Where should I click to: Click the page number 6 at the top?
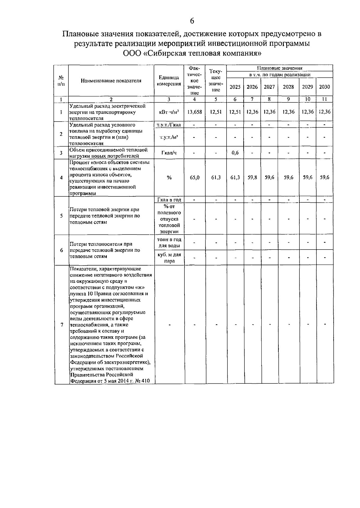coord(192,21)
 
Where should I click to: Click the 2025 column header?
coord(235,87)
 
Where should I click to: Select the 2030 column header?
coord(324,87)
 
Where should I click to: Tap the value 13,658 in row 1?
coord(195,112)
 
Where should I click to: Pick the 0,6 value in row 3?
coord(235,153)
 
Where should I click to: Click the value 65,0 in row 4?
coord(195,177)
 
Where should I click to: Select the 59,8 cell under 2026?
coord(252,177)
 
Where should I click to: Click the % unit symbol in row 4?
coord(169,177)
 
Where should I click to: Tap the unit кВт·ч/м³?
coord(169,112)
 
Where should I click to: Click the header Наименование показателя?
coord(111,80)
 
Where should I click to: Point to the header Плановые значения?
coord(280,68)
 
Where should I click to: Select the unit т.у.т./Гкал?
coord(169,125)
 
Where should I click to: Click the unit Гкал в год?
coord(169,200)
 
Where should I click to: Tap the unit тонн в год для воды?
coord(169,243)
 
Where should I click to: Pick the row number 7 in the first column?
coord(62,325)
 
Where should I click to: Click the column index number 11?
coord(324,99)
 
